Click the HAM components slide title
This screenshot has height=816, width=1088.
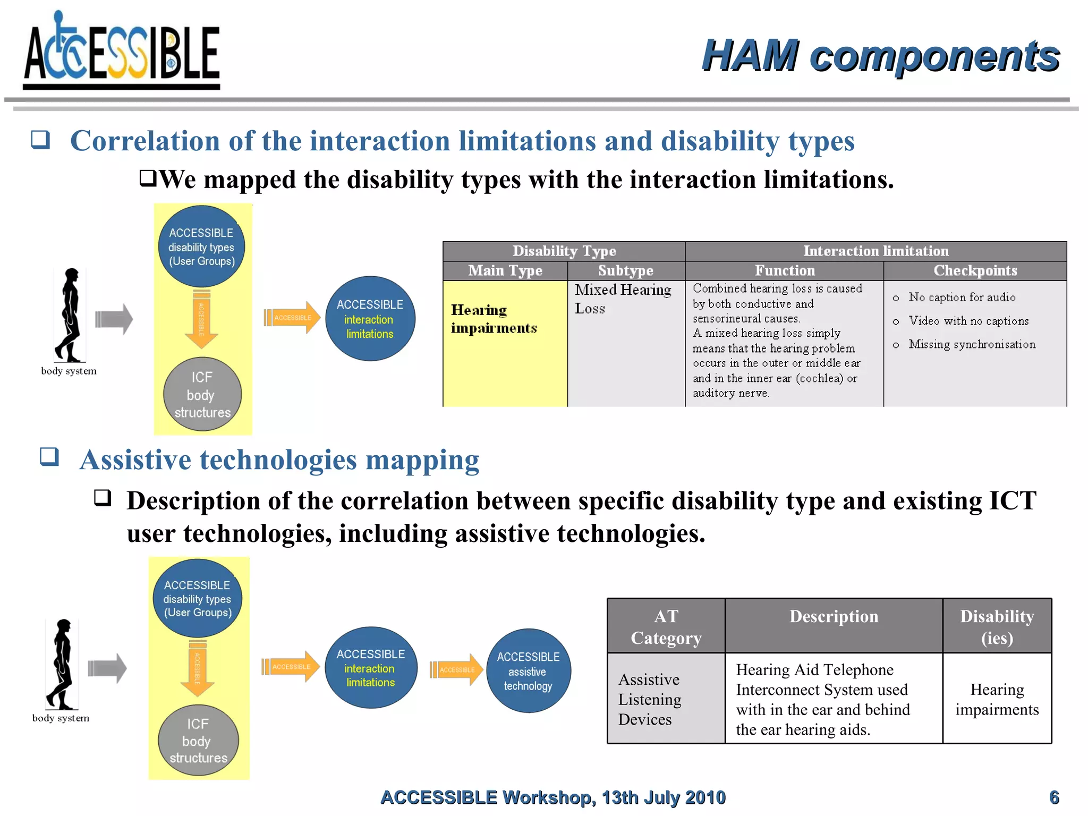click(880, 56)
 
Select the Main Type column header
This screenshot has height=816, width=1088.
click(505, 270)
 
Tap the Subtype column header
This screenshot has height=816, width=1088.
click(625, 270)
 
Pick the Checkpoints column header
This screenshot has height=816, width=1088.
click(975, 270)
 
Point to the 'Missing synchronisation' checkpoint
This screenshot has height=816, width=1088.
click(971, 344)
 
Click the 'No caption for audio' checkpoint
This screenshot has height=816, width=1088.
click(962, 297)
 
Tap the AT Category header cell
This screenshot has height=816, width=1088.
click(666, 626)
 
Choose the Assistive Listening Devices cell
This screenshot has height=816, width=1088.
click(666, 699)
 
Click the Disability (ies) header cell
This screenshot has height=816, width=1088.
click(997, 626)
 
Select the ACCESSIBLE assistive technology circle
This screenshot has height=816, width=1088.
click(528, 671)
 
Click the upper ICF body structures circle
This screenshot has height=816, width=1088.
click(202, 394)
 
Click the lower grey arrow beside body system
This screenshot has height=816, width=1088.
click(107, 668)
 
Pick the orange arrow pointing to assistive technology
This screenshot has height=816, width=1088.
click(456, 669)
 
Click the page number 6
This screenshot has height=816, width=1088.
click(1054, 797)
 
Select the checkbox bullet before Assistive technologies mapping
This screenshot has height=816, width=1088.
click(49, 457)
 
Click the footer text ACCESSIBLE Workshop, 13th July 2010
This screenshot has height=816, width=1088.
click(552, 797)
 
